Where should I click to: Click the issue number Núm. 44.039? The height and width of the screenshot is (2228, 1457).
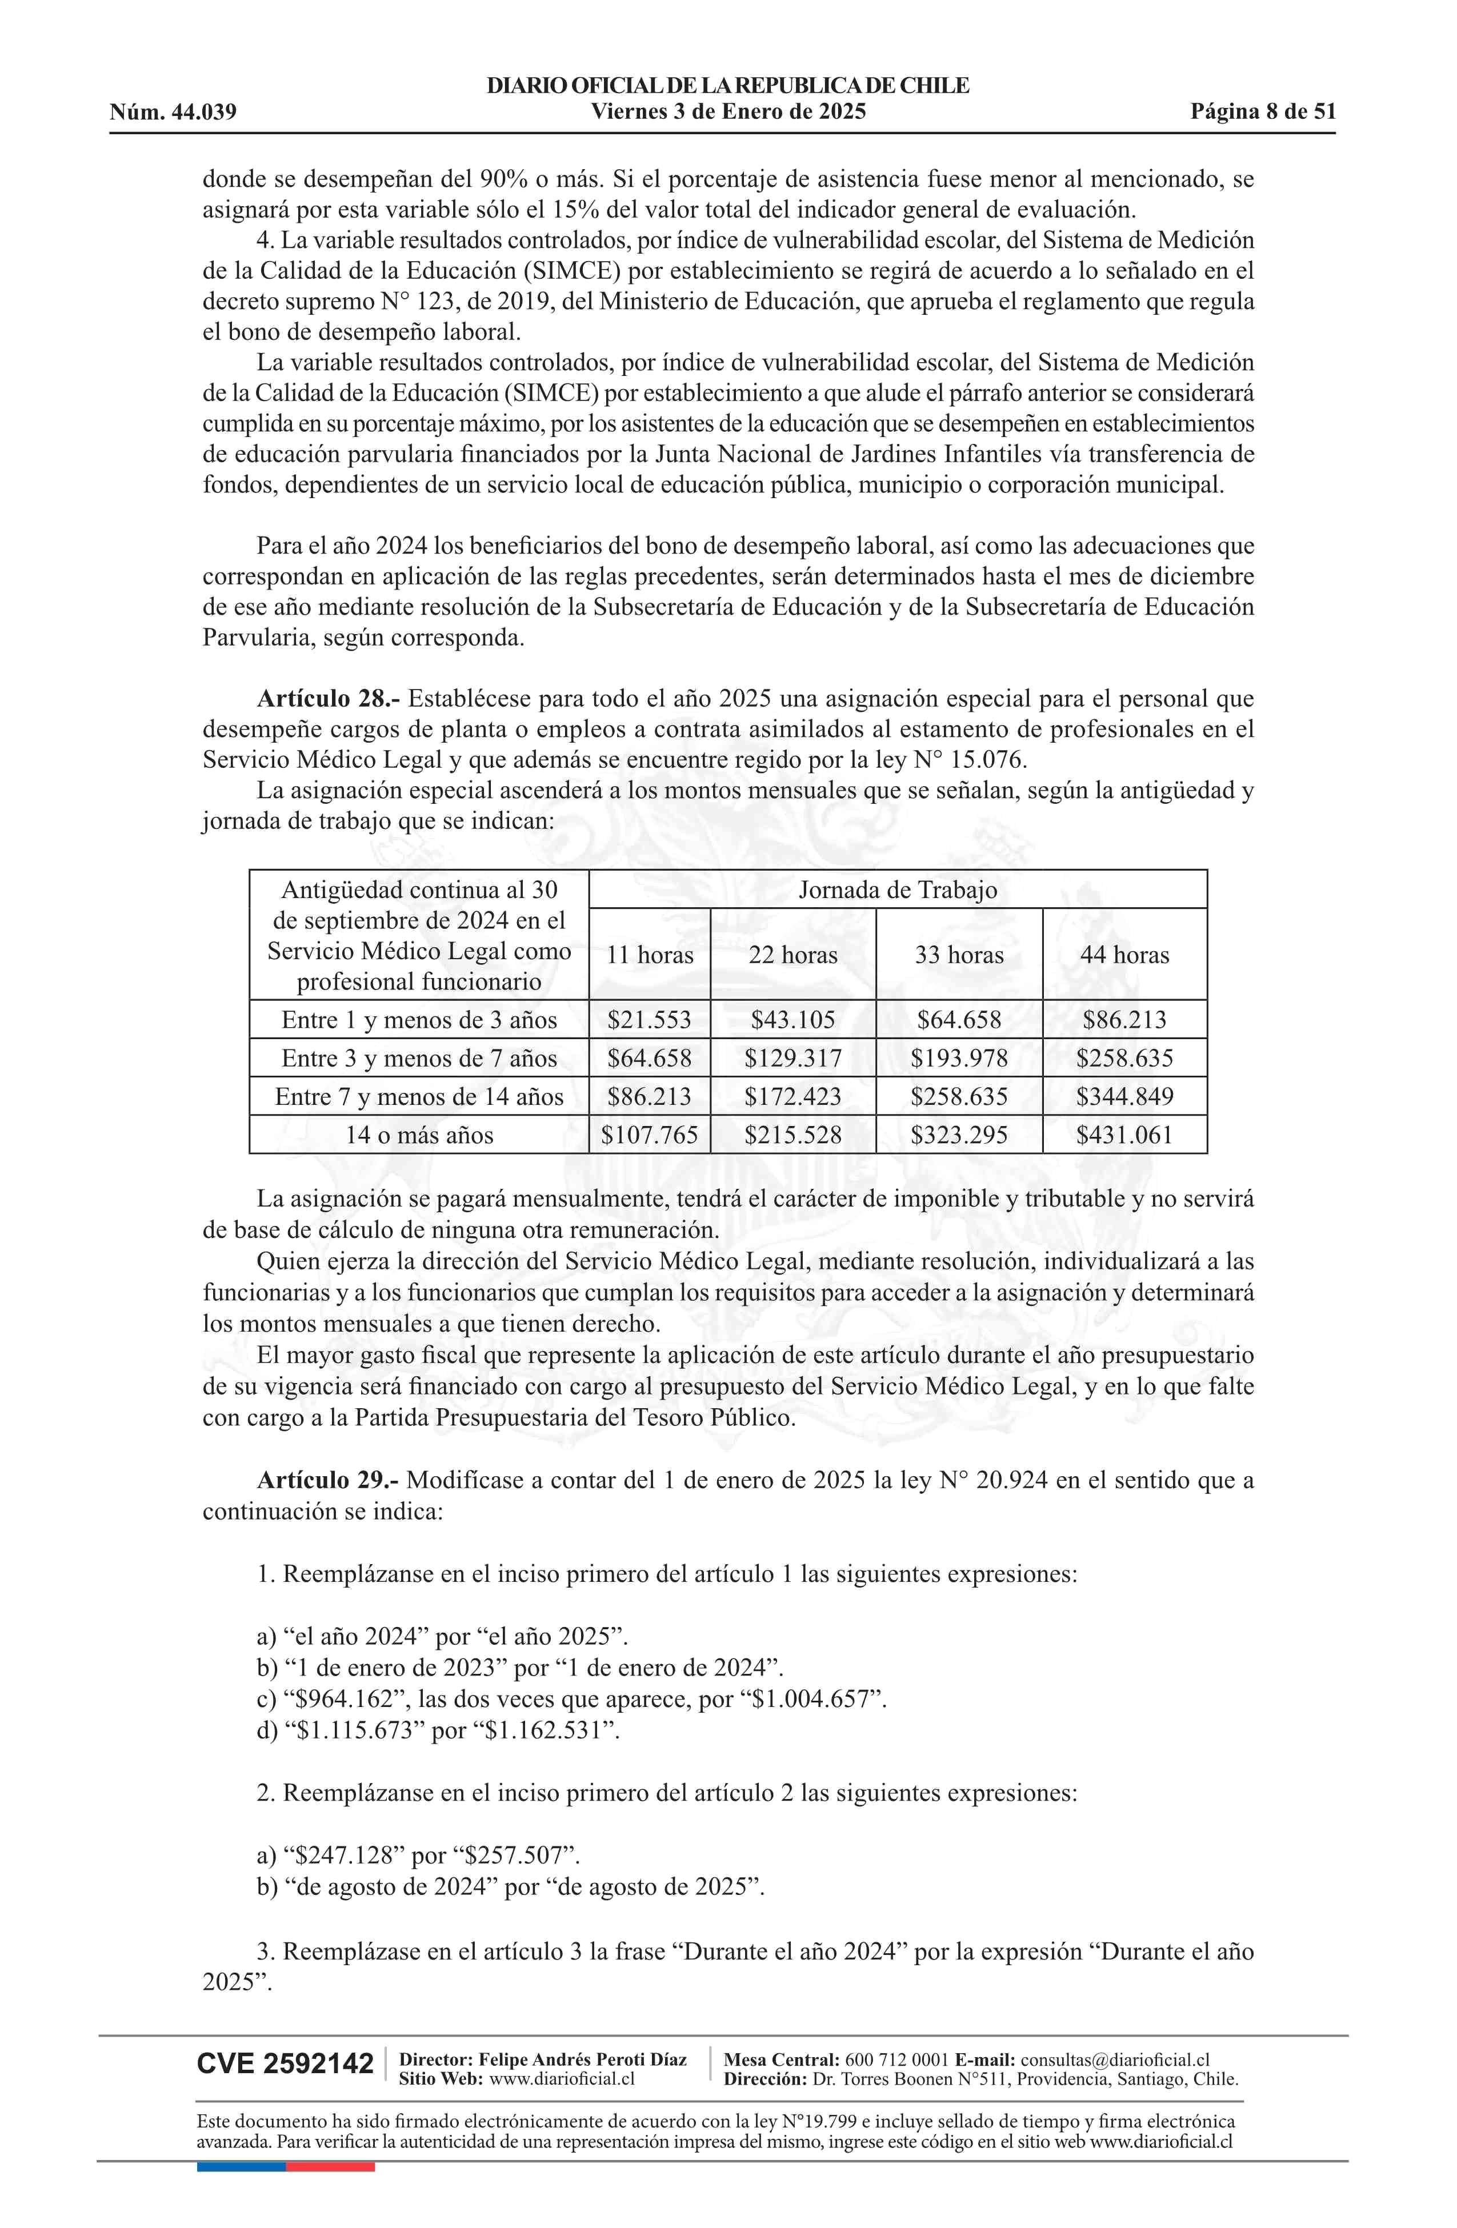(173, 113)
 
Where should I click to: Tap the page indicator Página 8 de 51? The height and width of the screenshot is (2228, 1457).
(1262, 113)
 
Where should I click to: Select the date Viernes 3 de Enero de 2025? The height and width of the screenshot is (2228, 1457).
(727, 113)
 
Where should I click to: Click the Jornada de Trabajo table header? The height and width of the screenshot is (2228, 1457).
(897, 889)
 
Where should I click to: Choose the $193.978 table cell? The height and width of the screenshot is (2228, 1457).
(959, 1058)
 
